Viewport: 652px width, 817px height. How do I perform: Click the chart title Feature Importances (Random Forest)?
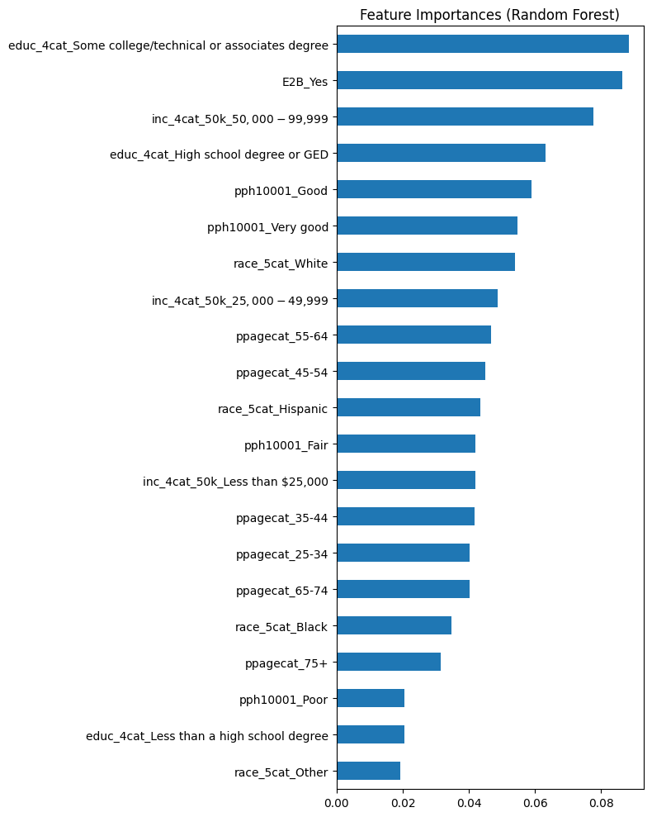pos(489,15)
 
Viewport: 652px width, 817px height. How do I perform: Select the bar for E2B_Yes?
pos(480,80)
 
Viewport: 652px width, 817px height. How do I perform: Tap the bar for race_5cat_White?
pos(426,262)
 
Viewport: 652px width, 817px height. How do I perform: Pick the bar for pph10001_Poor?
pos(371,698)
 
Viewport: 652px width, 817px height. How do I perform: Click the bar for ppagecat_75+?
pos(389,662)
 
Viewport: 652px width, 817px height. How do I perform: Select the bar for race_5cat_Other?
pos(368,771)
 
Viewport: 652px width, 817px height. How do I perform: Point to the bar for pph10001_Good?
pos(434,189)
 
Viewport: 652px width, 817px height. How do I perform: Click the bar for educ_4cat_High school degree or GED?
pos(441,153)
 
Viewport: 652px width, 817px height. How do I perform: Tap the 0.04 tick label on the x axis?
pos(469,800)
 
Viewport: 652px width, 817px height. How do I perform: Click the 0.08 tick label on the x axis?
pos(601,800)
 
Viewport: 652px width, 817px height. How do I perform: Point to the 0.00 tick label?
pos(337,800)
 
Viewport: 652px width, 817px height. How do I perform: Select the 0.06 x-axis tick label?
pos(535,800)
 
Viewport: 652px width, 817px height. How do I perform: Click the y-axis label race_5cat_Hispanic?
pos(272,408)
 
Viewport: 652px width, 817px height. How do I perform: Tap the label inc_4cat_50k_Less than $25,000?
pos(235,481)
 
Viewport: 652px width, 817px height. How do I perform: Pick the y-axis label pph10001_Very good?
pos(267,226)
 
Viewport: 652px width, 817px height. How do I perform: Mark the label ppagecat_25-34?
pos(281,553)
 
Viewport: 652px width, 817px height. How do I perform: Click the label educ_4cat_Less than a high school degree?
pos(206,735)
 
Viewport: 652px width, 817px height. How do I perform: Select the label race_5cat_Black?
pos(281,626)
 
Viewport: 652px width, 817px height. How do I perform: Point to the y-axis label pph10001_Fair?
pos(286,444)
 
